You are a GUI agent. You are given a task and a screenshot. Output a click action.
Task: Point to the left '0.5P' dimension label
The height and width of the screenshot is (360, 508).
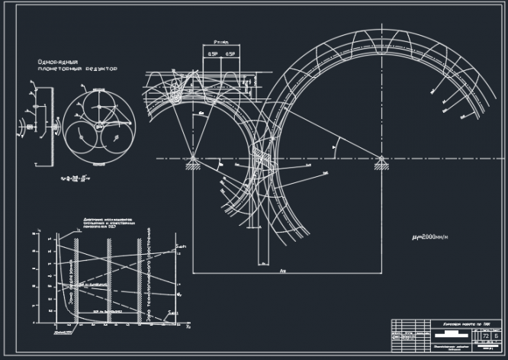click(x=211, y=55)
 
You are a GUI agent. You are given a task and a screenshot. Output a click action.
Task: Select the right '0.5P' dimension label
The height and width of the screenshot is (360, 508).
click(x=228, y=55)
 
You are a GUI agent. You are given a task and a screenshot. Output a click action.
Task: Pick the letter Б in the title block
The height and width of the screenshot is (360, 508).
click(x=496, y=335)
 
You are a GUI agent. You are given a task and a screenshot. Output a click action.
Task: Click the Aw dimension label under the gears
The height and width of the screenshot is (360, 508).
click(x=282, y=268)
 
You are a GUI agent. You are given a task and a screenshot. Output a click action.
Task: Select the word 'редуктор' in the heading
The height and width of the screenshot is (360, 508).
click(x=100, y=69)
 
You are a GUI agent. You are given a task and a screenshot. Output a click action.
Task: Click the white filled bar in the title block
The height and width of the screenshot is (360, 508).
click(x=453, y=334)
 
